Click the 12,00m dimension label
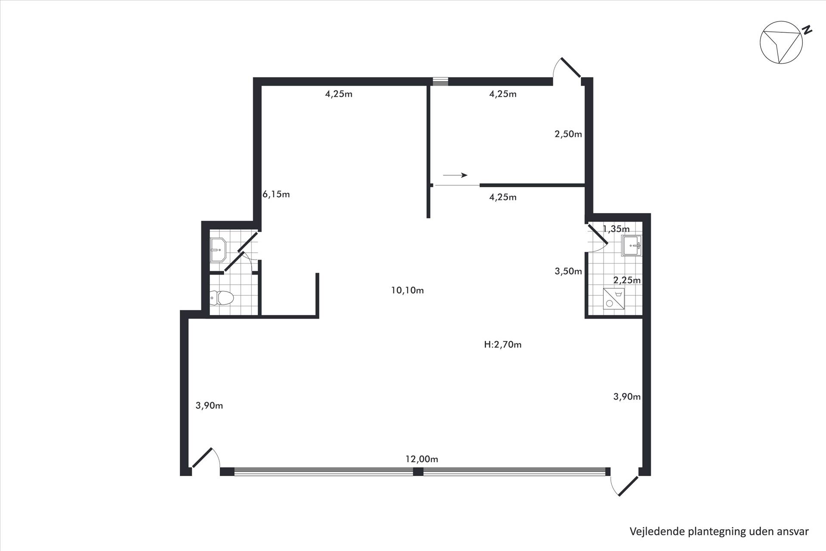[x=422, y=459]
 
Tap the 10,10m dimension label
[x=407, y=291]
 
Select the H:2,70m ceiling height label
[x=502, y=344]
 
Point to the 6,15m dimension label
[x=276, y=194]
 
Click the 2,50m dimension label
[x=568, y=134]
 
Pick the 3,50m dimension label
[x=568, y=271]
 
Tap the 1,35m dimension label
[x=616, y=229]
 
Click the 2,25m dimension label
[x=627, y=280]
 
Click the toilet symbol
[x=222, y=297]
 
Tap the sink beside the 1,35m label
[x=632, y=246]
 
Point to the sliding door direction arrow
[x=455, y=175]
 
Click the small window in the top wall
[x=440, y=82]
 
